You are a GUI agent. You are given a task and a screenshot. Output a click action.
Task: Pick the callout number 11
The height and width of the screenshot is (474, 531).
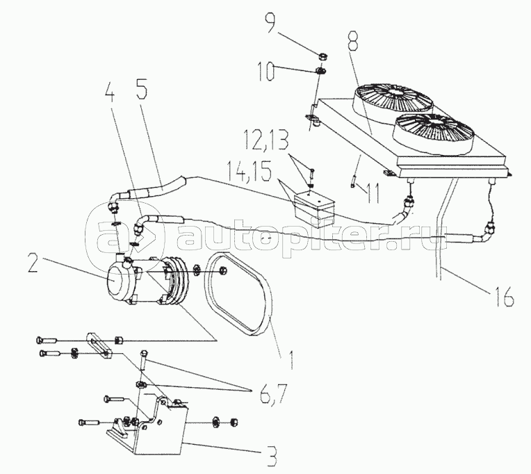tap(372, 193)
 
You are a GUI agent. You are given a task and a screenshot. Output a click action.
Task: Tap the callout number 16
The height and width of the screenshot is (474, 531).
tap(505, 297)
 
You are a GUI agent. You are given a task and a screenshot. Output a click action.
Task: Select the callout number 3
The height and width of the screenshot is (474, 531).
tap(270, 457)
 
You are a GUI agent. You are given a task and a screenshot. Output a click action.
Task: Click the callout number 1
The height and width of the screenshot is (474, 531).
tap(291, 359)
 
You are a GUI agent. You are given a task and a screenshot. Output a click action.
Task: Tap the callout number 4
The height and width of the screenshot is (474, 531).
tap(109, 91)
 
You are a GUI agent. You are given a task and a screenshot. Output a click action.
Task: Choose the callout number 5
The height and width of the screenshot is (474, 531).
tap(142, 89)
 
